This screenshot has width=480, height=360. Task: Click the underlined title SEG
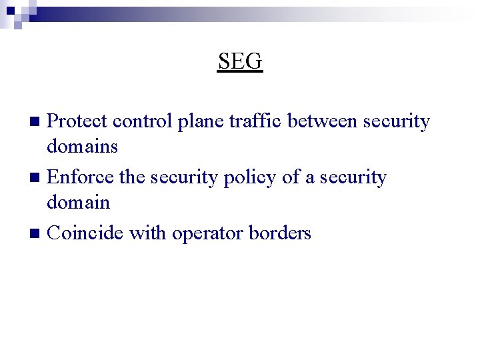point(240,61)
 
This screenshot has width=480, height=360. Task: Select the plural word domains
point(83,146)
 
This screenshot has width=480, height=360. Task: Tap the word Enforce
point(80,177)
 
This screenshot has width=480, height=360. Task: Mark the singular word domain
point(79,202)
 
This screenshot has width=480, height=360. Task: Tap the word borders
point(279,233)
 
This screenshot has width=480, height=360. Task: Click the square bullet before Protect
point(38,122)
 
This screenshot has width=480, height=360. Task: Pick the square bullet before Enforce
point(38,178)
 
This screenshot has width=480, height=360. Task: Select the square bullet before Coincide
point(38,234)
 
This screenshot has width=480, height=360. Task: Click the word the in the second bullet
point(131,177)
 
